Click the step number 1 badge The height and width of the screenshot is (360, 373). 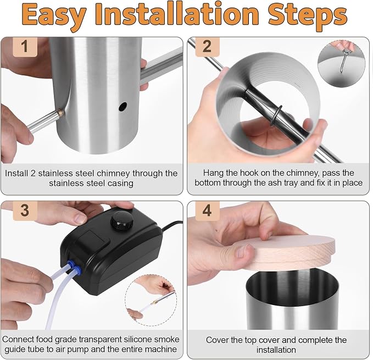pyautogui.click(x=25, y=47)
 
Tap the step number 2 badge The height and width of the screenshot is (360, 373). pyautogui.click(x=207, y=47)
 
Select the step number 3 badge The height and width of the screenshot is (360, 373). pyautogui.click(x=25, y=211)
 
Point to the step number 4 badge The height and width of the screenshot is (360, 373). pyautogui.click(x=207, y=211)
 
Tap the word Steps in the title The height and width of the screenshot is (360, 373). pyautogui.click(x=308, y=15)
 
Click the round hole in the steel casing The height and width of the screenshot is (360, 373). pyautogui.click(x=123, y=107)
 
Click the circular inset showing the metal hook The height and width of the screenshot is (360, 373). pyautogui.click(x=341, y=64)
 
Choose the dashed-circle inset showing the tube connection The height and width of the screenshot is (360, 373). pyautogui.click(x=151, y=300)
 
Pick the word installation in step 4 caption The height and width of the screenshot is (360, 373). pyautogui.click(x=276, y=350)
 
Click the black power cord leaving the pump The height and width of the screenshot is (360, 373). pyautogui.click(x=172, y=225)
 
